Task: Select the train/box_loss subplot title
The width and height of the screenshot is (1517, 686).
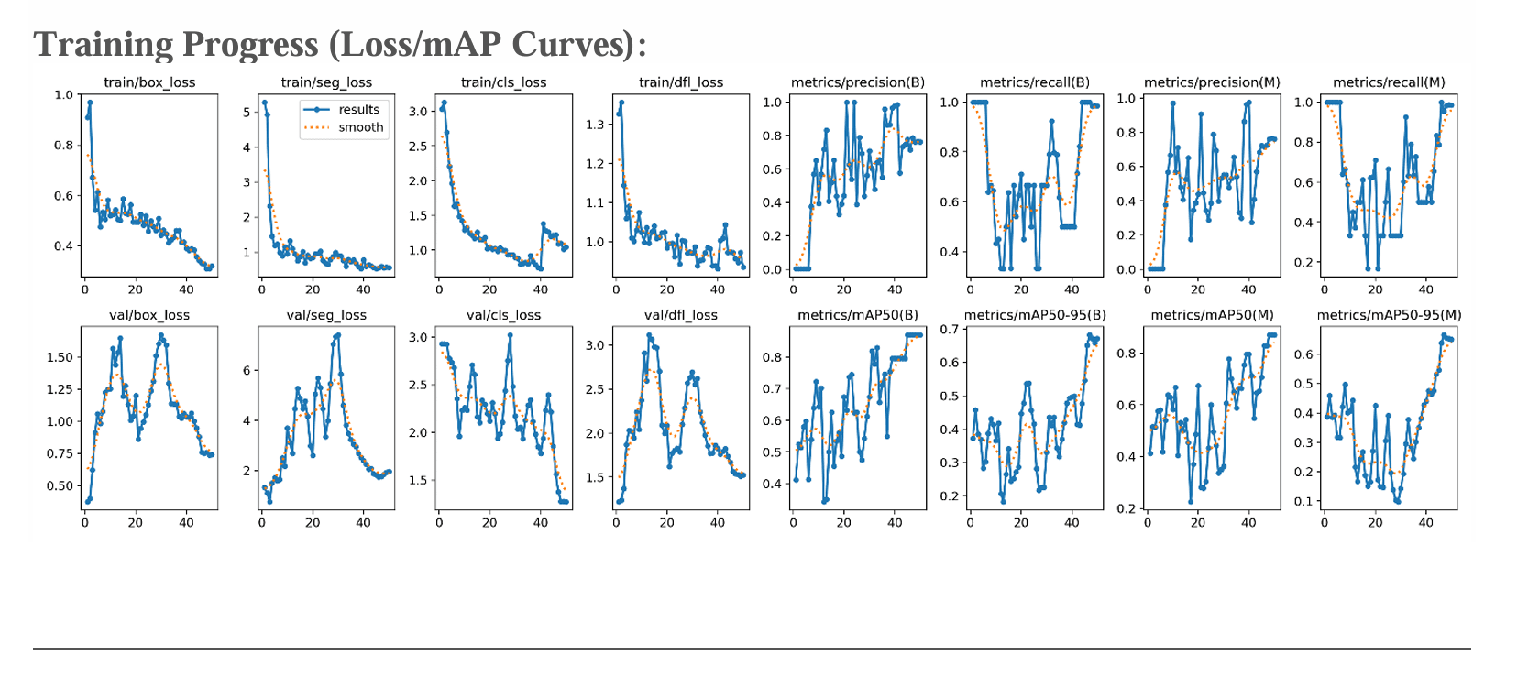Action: (x=149, y=82)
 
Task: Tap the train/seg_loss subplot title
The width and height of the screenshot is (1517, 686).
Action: (x=326, y=82)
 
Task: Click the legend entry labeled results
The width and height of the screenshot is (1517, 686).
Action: (x=358, y=110)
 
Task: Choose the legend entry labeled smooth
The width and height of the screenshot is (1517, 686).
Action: (x=360, y=127)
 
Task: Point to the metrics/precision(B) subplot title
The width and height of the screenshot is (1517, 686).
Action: (x=858, y=82)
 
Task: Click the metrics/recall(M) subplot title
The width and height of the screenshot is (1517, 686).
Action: (x=1389, y=82)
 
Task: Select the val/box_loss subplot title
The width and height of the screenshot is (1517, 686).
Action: (x=149, y=315)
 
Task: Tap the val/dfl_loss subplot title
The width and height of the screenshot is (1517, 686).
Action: (x=681, y=315)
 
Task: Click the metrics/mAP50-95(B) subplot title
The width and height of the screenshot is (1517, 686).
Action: (x=1035, y=315)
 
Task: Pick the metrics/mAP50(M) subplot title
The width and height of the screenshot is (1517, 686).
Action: (x=1212, y=315)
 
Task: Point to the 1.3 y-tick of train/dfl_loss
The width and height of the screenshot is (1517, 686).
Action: (x=596, y=125)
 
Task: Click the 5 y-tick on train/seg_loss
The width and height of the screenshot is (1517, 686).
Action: (x=247, y=113)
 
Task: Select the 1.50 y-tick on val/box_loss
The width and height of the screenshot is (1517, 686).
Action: (x=60, y=358)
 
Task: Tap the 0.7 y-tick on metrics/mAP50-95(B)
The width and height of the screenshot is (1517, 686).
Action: (x=949, y=330)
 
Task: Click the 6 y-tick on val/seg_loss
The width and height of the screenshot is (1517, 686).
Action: (x=247, y=371)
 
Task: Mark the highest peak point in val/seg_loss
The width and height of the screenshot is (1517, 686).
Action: (x=338, y=335)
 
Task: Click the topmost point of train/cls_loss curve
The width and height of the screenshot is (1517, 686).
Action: (x=445, y=103)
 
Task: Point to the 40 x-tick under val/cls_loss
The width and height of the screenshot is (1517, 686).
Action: (x=541, y=523)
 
